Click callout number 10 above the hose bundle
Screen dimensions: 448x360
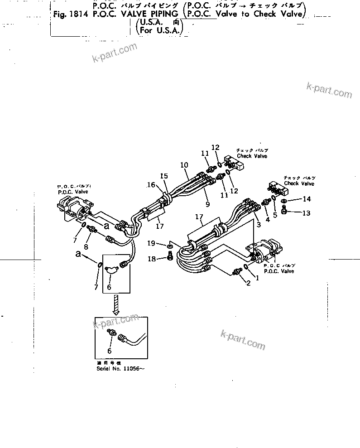(184, 165)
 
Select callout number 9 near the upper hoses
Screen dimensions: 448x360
(208, 205)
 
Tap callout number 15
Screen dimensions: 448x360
(163, 176)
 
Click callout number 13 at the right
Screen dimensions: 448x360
(307, 212)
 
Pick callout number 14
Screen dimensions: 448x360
(307, 199)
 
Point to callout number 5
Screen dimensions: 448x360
(275, 216)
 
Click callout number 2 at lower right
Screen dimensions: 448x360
(248, 283)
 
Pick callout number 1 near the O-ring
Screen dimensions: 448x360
(258, 277)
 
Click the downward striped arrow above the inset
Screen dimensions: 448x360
(116, 304)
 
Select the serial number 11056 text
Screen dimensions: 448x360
(122, 369)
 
